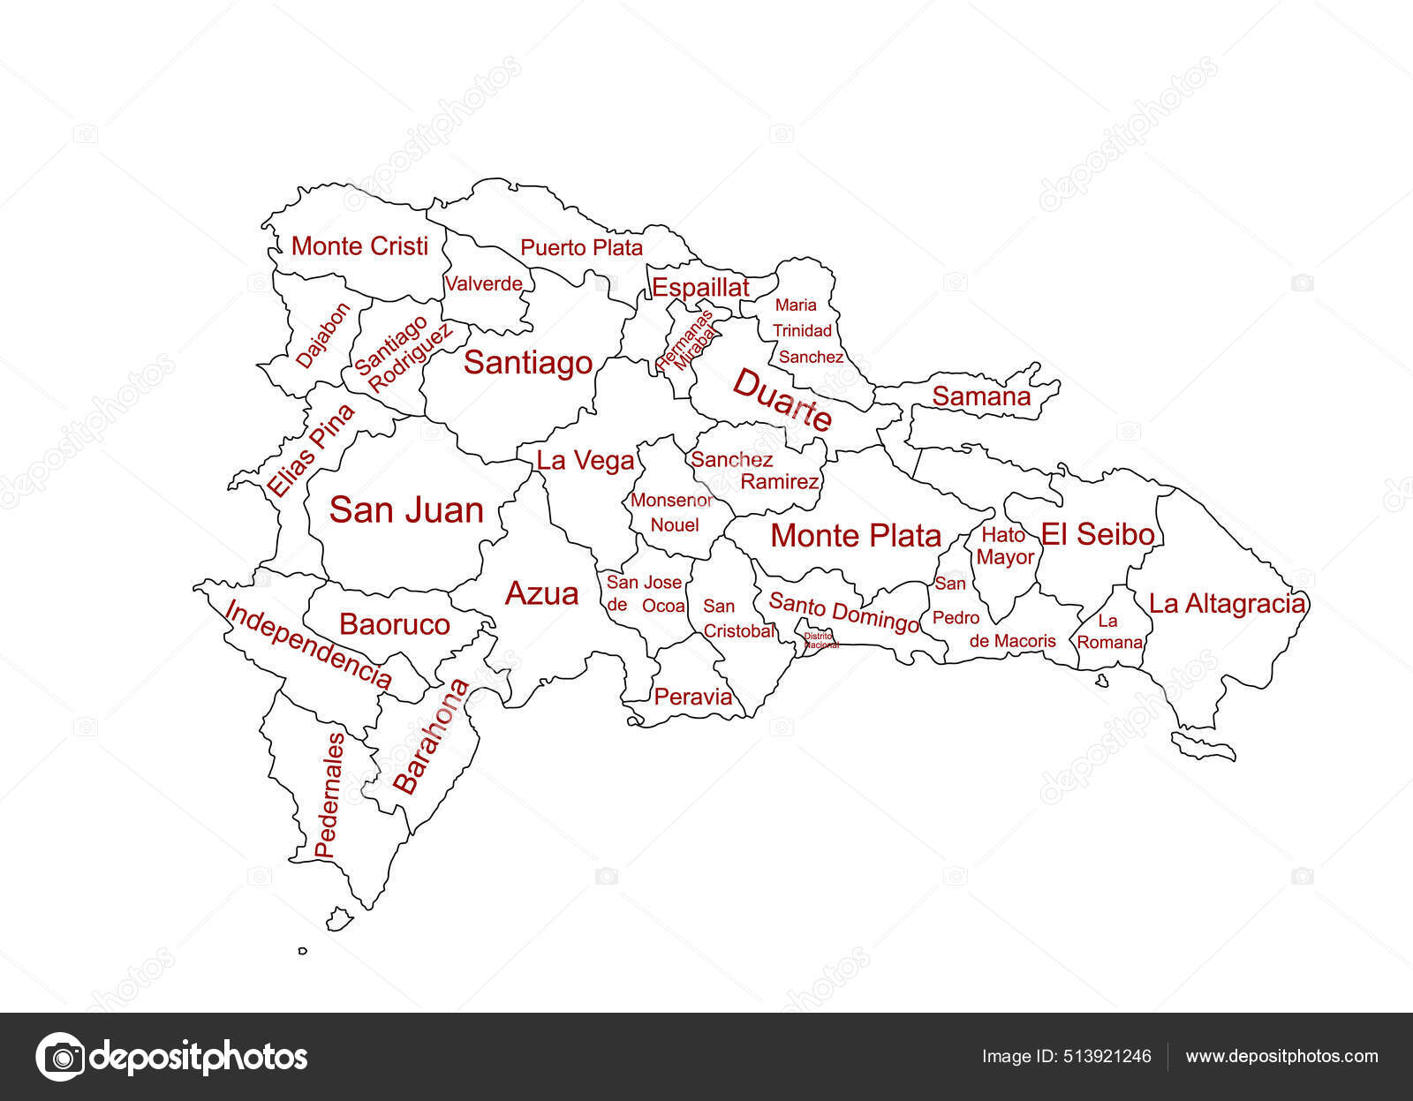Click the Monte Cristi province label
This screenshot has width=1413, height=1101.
(359, 245)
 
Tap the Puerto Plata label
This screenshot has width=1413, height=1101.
(581, 248)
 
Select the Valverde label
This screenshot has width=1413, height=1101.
(483, 284)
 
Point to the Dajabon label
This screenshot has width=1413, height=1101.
(322, 335)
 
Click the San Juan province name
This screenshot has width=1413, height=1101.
(406, 510)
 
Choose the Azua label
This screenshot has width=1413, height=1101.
(541, 593)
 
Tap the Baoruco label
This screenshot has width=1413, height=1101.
(394, 624)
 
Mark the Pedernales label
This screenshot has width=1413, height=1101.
(327, 795)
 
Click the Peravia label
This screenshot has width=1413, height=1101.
(693, 697)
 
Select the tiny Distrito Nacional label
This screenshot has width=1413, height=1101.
(819, 640)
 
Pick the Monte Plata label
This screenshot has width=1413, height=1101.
(855, 535)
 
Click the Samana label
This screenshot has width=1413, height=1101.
(981, 396)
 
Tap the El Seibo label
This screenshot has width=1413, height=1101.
(1098, 533)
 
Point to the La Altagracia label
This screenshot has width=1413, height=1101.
(1227, 604)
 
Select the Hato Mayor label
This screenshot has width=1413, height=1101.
(1005, 546)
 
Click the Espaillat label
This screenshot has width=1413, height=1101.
(699, 287)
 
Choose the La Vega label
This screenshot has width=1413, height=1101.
(585, 461)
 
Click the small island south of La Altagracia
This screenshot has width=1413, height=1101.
(1204, 745)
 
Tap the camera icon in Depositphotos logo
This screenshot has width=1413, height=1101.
(60, 1056)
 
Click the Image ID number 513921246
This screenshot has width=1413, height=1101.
(1108, 1057)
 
